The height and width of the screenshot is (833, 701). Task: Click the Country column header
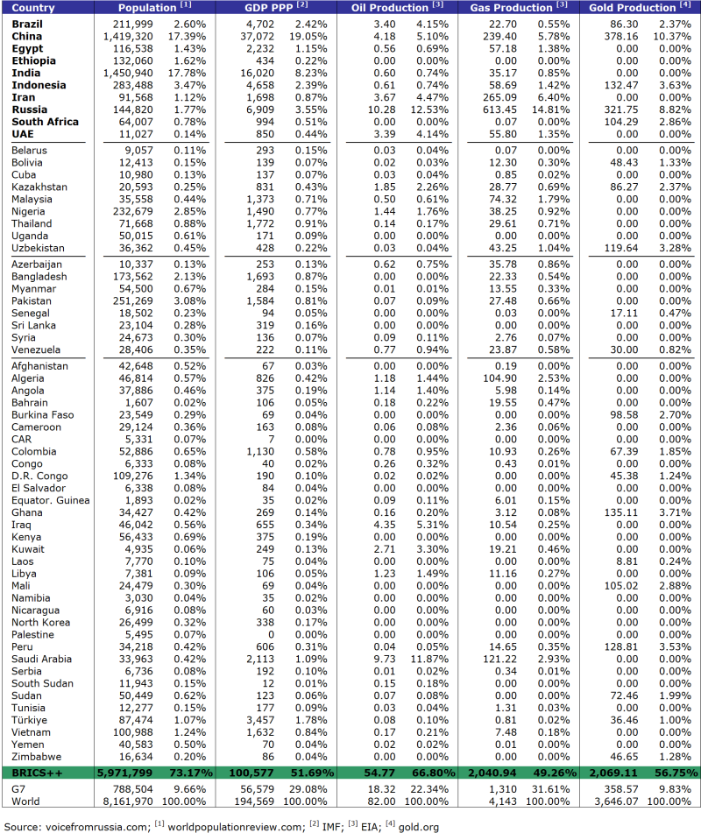tap(34, 7)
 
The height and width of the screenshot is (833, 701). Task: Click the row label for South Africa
tap(46, 122)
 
